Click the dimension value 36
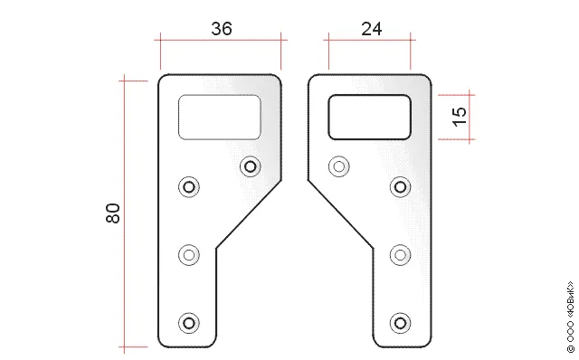coord(222,29)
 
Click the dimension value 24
coord(372,29)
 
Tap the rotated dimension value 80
coord(113,213)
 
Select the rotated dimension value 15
coord(460,117)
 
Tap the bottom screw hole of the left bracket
coord(189,323)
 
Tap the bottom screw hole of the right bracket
coord(400,323)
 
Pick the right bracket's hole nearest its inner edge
coord(339,166)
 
